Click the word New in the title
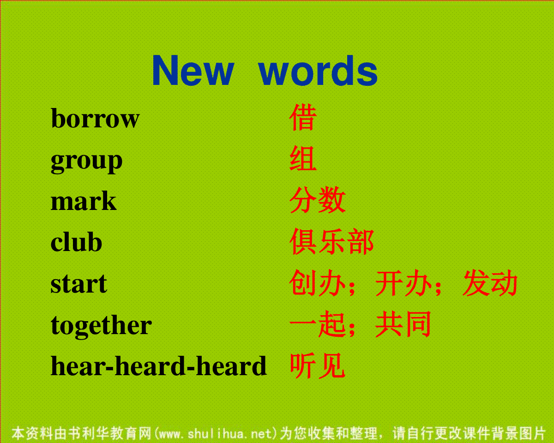[x=193, y=70]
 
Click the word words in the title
[x=318, y=70]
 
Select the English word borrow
[x=95, y=119]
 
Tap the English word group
[x=86, y=162]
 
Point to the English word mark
[x=84, y=201]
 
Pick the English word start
[x=79, y=284]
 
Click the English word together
[x=101, y=326]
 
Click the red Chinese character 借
[x=303, y=117]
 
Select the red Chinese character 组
[x=303, y=158]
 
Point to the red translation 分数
[x=318, y=200]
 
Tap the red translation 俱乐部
[x=331, y=241]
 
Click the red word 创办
[x=317, y=282]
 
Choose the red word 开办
[x=403, y=282]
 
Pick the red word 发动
[x=490, y=282]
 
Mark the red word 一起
[x=317, y=324]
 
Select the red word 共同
[x=403, y=324]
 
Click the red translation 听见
[x=318, y=365]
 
